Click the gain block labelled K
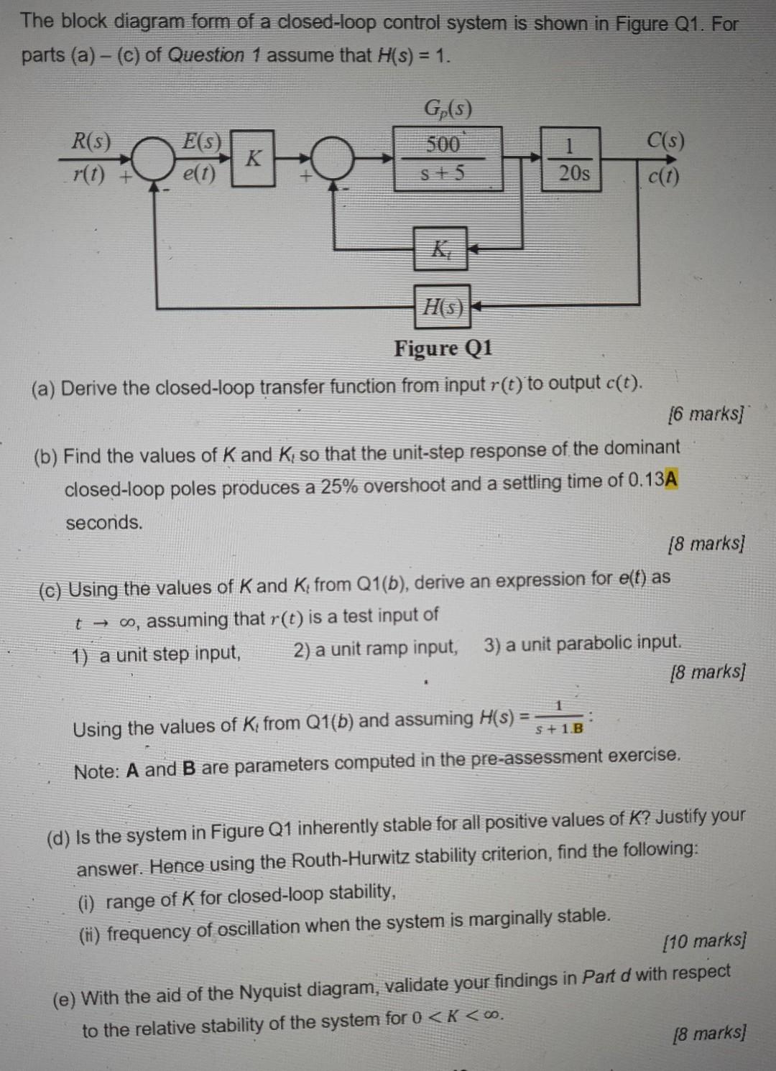(252, 157)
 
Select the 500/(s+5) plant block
(447, 159)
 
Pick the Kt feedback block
(440, 249)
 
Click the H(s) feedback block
(442, 307)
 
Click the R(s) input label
(91, 141)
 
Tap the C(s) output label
(665, 140)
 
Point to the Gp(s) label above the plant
(448, 109)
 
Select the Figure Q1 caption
(443, 348)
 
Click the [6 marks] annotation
(706, 414)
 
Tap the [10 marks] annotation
(704, 940)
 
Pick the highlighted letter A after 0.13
(671, 479)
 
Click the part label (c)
(50, 590)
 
